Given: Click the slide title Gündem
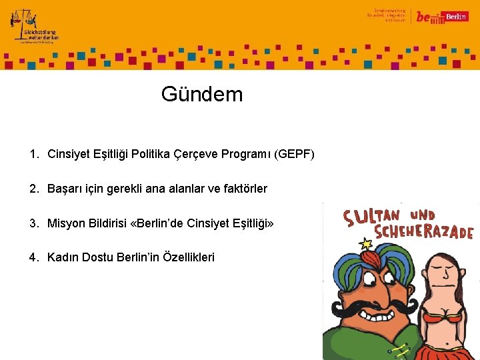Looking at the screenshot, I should coord(202,94).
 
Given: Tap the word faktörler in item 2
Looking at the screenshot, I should coord(242,189).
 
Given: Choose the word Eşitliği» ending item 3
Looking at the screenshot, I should coord(250,223).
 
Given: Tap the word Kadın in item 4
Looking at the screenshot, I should coord(63,257).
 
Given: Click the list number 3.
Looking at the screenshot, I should coord(34,223).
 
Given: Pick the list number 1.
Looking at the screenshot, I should coord(34,155).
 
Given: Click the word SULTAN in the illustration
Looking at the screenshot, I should coord(370,217).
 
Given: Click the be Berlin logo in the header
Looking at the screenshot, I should coord(440,17).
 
